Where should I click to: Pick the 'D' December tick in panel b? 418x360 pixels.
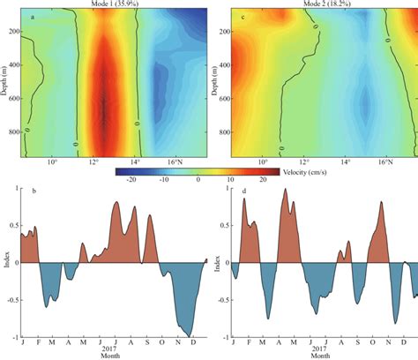point(193,342)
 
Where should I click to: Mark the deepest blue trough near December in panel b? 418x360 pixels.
point(189,334)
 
